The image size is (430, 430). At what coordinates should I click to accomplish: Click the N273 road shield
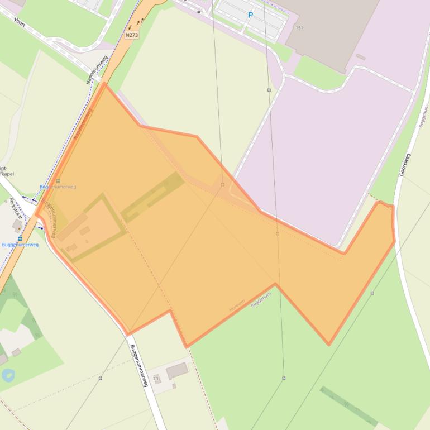(x=132, y=35)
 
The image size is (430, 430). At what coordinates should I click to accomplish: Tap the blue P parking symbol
(x=251, y=15)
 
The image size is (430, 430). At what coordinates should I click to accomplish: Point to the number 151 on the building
(x=299, y=27)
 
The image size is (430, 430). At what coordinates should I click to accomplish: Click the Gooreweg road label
(x=405, y=165)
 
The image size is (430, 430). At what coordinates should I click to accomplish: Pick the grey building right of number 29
(x=177, y=370)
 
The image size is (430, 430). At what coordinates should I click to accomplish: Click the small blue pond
(x=8, y=375)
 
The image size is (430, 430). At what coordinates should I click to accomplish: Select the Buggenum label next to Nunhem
(x=260, y=299)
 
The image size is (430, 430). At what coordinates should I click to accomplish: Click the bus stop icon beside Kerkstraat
(x=20, y=238)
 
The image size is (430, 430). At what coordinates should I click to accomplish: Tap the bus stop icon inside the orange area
(x=58, y=181)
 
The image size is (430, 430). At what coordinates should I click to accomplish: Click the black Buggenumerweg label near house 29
(x=138, y=366)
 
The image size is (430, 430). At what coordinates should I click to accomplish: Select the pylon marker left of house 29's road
(x=101, y=378)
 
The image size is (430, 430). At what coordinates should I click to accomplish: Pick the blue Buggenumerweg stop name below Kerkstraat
(x=20, y=245)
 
